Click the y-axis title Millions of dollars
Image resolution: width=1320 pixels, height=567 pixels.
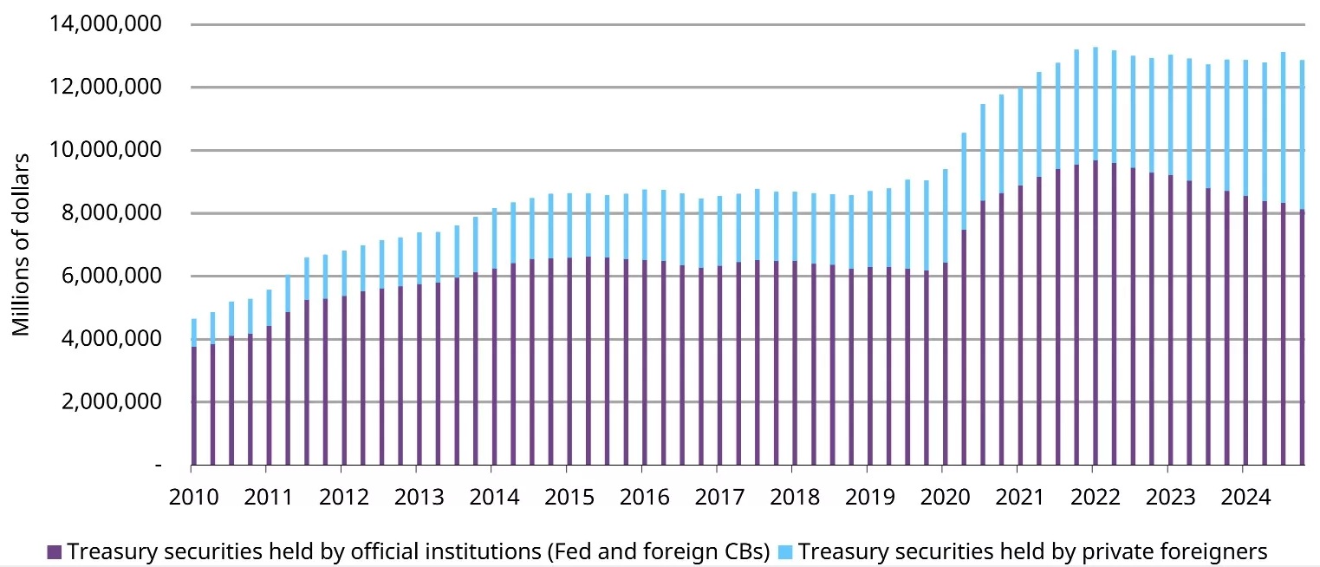point(21,244)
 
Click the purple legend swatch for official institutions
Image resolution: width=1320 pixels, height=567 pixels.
point(54,552)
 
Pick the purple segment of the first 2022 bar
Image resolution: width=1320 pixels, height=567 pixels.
point(1095,312)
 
